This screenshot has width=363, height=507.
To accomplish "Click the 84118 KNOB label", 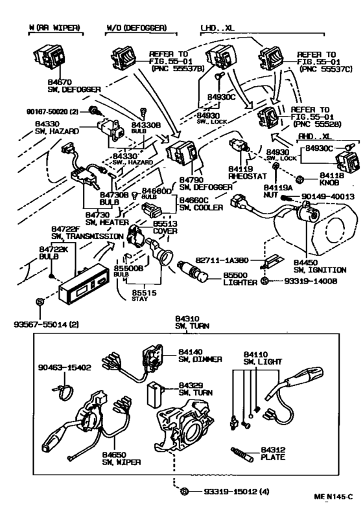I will click(x=329, y=179).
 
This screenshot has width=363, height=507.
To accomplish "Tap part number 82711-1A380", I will click(x=233, y=257).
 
